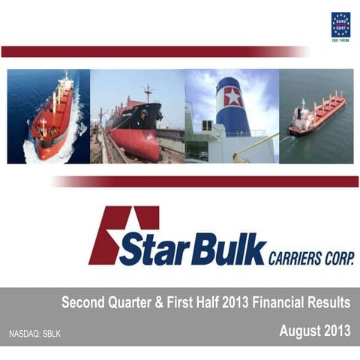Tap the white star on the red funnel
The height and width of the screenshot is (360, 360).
[232, 97]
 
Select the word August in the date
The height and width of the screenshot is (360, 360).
[301, 329]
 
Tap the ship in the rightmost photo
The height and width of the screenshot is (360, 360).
[316, 115]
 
